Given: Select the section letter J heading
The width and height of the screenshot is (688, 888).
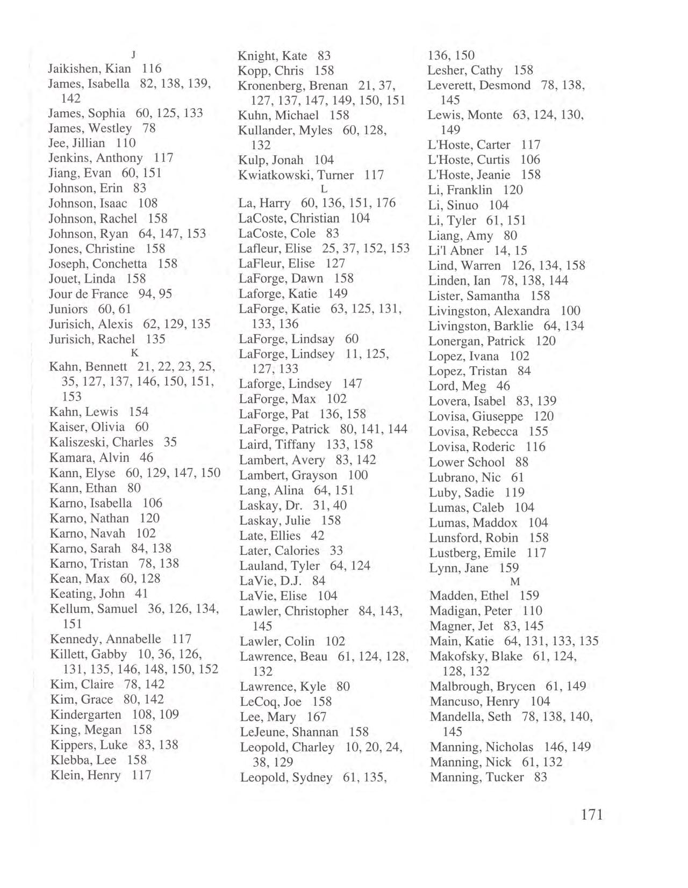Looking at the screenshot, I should [x=133, y=54].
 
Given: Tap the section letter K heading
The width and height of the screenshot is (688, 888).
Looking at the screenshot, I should [x=135, y=353].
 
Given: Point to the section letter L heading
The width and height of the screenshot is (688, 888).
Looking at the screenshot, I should [x=324, y=189].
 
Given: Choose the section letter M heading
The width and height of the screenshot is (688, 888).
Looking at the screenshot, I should [x=514, y=582].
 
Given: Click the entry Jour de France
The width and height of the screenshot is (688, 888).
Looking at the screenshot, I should [x=88, y=294].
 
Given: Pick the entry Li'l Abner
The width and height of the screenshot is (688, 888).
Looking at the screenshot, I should [x=456, y=250].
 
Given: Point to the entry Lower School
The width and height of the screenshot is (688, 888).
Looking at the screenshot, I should [x=467, y=462].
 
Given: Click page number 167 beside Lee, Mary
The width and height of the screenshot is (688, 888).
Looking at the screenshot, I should [x=317, y=717].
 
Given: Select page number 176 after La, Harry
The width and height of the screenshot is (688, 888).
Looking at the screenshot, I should [x=386, y=203].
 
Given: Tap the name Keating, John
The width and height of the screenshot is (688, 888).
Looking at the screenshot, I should [x=87, y=594].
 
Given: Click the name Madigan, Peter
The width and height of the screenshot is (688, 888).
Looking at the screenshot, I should [x=470, y=611].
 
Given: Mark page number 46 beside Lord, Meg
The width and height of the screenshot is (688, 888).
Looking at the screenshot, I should [x=503, y=386].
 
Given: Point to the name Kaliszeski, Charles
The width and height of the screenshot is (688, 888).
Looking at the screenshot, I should [x=101, y=442].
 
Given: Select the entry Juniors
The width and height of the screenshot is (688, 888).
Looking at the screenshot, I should [x=68, y=309].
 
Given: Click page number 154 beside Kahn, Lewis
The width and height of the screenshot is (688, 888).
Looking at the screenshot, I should [x=138, y=411].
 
